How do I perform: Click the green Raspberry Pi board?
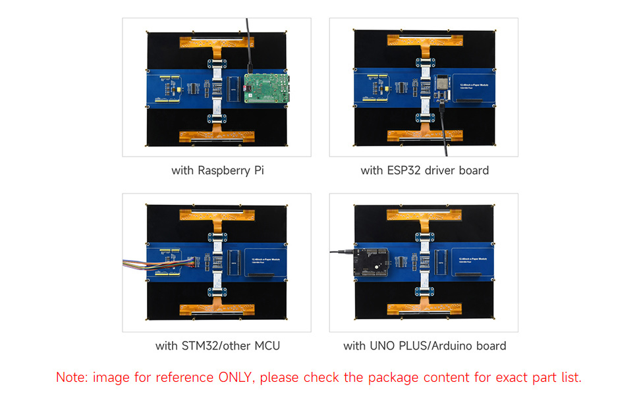point(265,87)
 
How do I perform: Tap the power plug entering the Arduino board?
point(341,251)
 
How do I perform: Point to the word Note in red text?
point(71,378)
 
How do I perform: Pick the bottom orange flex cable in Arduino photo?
point(424,309)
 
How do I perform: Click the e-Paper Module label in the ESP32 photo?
point(471,85)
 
